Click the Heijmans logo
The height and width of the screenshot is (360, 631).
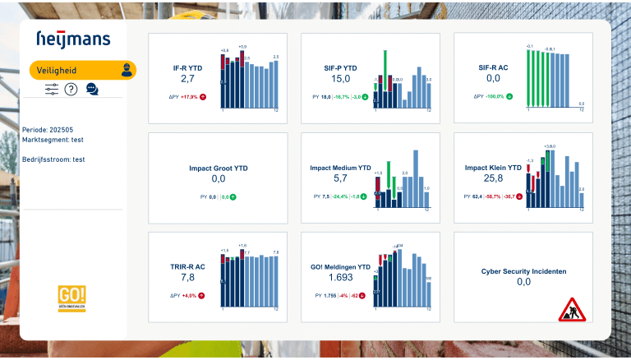click(73, 39)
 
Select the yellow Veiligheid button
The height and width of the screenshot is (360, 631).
click(82, 70)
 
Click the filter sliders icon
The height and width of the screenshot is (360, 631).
click(52, 90)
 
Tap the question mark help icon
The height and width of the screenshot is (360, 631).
click(71, 90)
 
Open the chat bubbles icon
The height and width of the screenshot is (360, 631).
click(92, 90)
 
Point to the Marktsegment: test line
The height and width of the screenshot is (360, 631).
click(55, 141)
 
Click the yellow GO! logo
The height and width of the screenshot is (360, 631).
click(71, 297)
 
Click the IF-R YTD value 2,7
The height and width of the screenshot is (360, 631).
click(187, 79)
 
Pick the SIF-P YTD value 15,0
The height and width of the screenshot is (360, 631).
click(340, 79)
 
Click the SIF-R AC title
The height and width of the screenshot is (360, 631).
click(493, 68)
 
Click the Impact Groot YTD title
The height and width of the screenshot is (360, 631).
click(218, 168)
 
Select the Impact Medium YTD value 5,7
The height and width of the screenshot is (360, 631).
click(340, 178)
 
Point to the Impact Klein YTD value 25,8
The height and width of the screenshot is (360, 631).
click(493, 178)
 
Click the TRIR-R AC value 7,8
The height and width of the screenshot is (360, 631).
click(187, 278)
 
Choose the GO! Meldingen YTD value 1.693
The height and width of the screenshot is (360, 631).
click(340, 278)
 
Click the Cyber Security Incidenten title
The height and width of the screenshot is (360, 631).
click(523, 270)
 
